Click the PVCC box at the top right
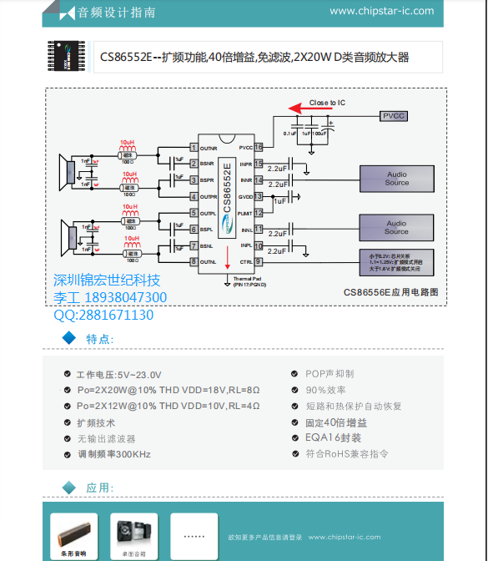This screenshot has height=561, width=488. click(394, 116)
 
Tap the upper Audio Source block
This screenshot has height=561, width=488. click(396, 179)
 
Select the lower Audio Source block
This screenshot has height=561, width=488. click(396, 227)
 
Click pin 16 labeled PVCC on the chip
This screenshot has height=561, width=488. click(259, 147)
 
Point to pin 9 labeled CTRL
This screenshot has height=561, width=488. click(259, 262)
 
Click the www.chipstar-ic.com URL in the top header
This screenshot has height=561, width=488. click(381, 11)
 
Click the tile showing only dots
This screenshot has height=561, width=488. click(194, 535)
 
